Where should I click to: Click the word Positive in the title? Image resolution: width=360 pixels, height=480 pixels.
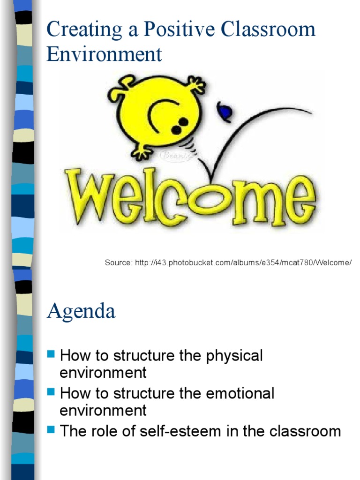point(171,30)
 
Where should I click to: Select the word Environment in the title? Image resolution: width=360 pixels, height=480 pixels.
point(104,54)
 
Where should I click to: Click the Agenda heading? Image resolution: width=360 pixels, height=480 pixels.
point(81,311)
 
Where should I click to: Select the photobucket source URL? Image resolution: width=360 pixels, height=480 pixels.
point(243,262)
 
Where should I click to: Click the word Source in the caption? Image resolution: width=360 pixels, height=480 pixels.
point(118,262)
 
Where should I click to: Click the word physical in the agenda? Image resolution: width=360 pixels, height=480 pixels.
point(234,356)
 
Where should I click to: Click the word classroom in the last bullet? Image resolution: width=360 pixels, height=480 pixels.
point(305,431)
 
